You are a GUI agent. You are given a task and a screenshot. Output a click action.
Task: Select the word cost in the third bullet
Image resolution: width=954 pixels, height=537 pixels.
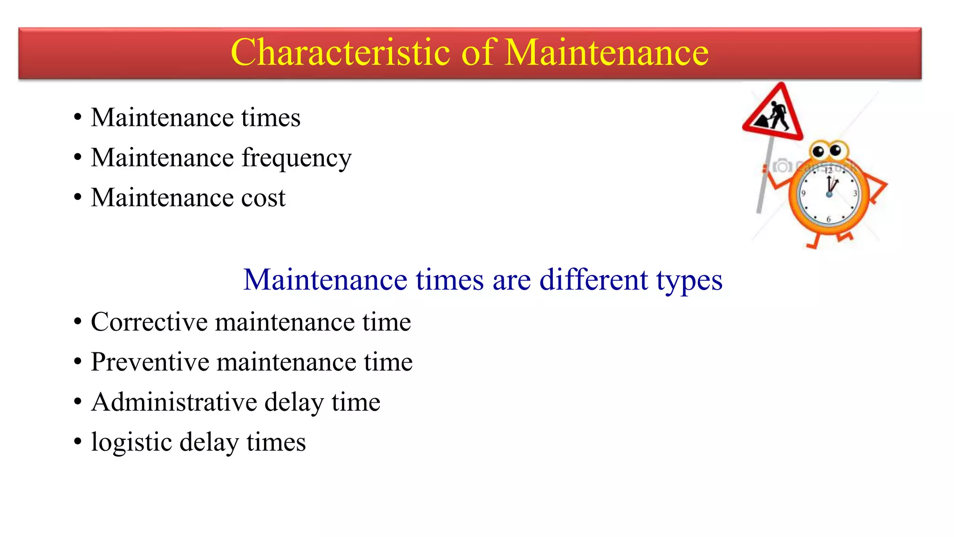[263, 198]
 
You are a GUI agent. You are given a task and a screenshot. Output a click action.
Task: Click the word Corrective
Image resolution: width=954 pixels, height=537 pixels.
[149, 322]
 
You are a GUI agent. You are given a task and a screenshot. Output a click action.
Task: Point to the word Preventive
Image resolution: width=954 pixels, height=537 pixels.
[150, 362]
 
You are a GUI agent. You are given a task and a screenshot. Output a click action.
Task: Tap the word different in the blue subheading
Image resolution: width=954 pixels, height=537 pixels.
[593, 280]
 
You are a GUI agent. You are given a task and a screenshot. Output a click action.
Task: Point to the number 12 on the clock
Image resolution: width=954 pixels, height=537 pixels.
[828, 171]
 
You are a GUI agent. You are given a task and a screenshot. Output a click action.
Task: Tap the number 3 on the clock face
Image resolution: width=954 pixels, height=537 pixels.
[855, 193]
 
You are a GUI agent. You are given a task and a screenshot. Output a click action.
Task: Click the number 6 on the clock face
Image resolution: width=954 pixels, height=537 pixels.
[828, 219]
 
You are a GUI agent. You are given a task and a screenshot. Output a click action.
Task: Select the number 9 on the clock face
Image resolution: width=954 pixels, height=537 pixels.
[804, 193]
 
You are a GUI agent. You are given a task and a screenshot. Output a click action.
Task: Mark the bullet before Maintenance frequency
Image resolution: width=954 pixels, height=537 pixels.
[78, 157]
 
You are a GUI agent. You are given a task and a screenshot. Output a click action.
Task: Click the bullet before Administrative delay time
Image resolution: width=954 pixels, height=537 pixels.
[78, 401]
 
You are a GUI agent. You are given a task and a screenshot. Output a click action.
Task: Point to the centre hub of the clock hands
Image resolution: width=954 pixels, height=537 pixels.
[829, 194]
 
